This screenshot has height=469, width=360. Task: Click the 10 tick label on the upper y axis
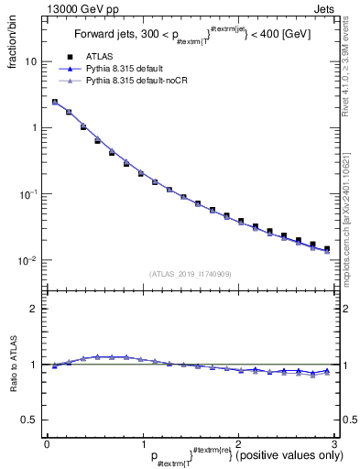[x=30, y=61]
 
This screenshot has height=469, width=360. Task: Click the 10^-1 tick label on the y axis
[x=27, y=194]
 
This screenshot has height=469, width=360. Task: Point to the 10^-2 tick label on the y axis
[x=27, y=261]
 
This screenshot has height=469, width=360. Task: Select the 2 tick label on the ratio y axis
[x=35, y=309]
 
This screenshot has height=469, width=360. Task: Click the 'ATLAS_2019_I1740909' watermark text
[x=191, y=274]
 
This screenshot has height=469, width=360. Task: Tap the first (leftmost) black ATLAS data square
[x=55, y=103]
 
